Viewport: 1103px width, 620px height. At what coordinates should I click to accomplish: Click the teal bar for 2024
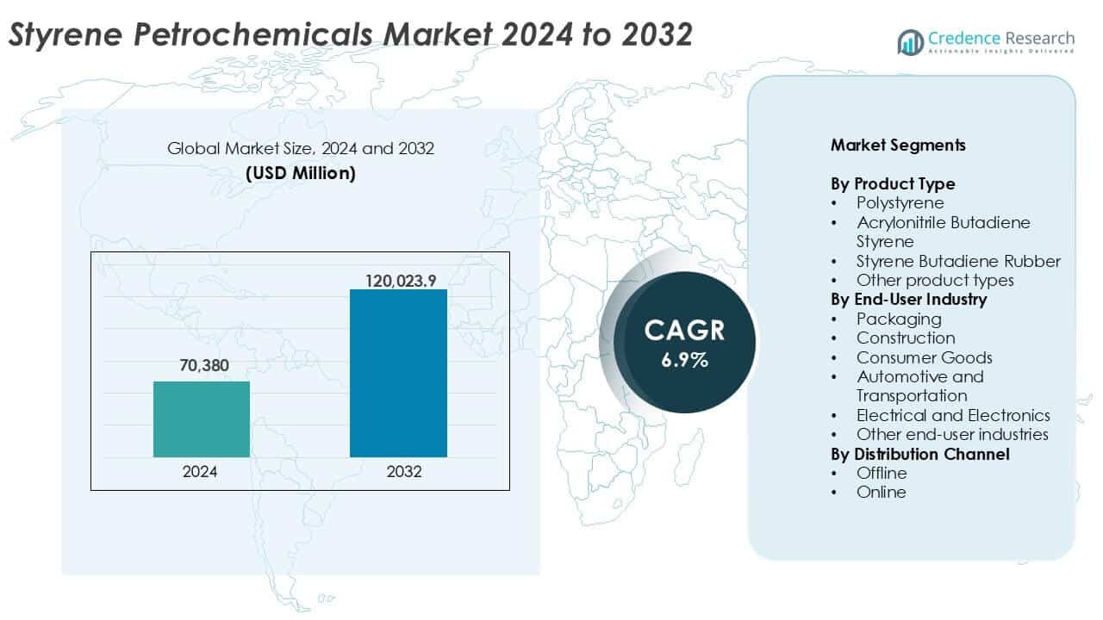[202, 419]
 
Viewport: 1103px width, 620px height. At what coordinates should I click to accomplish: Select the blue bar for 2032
[398, 373]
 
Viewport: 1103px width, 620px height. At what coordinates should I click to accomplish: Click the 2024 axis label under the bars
[200, 472]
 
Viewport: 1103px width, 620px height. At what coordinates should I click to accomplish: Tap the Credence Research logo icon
[910, 40]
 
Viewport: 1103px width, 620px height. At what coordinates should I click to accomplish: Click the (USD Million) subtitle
[301, 172]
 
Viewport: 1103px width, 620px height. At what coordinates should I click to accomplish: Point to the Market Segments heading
[898, 145]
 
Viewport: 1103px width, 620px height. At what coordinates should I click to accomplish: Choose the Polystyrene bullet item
[900, 203]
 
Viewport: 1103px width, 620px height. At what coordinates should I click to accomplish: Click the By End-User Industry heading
[908, 300]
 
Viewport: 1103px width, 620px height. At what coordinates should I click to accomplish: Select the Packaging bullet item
[898, 319]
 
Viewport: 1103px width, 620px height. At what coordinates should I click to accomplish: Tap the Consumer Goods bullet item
[924, 357]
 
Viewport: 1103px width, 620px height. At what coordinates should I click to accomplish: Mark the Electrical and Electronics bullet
[953, 415]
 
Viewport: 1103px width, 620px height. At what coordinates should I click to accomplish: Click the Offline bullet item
[881, 473]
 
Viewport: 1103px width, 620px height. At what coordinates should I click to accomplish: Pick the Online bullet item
[881, 492]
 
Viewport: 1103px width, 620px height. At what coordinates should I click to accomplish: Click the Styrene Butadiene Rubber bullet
[958, 261]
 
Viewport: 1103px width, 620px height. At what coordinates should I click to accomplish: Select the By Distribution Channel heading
[919, 454]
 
